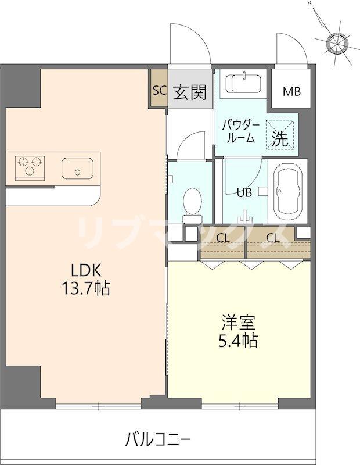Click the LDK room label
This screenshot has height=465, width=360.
pyautogui.click(x=86, y=270)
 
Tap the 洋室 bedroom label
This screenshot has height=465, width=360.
pyautogui.click(x=239, y=323)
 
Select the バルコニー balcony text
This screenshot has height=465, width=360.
pyautogui.click(x=158, y=439)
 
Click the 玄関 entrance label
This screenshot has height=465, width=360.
pyautogui.click(x=190, y=92)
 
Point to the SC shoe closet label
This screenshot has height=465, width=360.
pyautogui.click(x=160, y=90)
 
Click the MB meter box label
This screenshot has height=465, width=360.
pyautogui.click(x=291, y=92)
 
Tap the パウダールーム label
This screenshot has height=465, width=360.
pyautogui.click(x=241, y=132)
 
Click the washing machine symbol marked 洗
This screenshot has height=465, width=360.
pyautogui.click(x=280, y=134)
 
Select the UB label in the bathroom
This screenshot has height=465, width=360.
pyautogui.click(x=244, y=193)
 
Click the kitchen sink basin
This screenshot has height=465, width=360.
pyautogui.click(x=77, y=168)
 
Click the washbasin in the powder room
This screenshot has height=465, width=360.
pyautogui.click(x=243, y=84)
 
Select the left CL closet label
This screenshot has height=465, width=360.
pyautogui.click(x=223, y=238)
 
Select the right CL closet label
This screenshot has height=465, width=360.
pyautogui.click(x=273, y=238)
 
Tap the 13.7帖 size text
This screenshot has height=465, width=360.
pyautogui.click(x=86, y=288)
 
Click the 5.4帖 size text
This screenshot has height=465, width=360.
pyautogui.click(x=239, y=341)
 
